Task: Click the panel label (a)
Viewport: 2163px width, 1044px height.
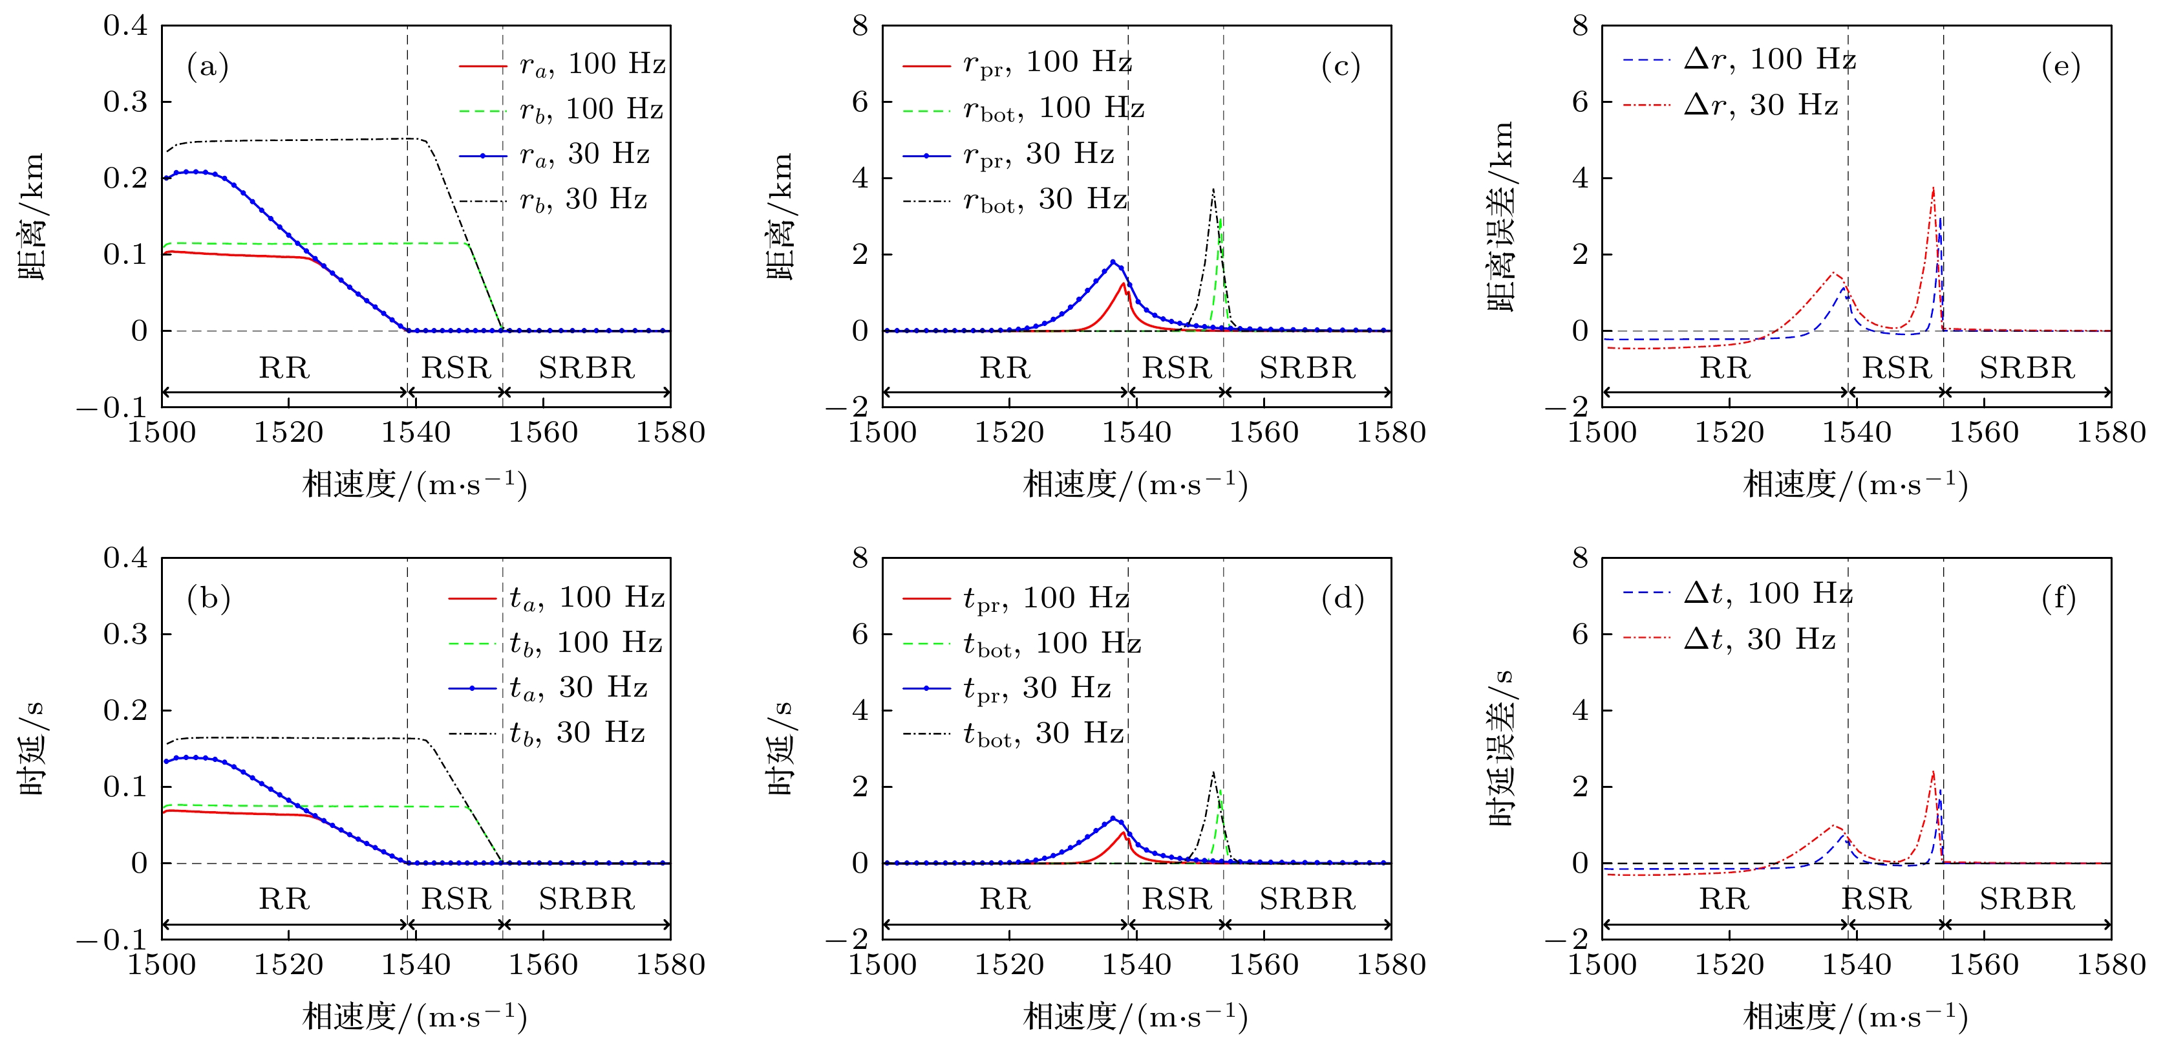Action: point(208,67)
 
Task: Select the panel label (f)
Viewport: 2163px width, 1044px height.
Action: point(2060,598)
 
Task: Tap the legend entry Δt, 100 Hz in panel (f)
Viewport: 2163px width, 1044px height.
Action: point(1767,594)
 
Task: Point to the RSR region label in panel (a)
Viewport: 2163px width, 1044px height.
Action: point(455,368)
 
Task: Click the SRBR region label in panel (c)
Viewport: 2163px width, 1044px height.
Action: point(1306,368)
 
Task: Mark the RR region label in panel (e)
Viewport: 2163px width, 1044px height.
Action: point(1725,368)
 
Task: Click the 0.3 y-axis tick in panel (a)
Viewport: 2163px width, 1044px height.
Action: point(125,102)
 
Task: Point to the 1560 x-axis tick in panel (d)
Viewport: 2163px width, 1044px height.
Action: point(1264,964)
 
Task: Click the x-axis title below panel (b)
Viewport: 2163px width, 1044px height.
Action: point(415,1016)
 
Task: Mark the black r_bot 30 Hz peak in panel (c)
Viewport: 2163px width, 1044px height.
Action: point(1213,190)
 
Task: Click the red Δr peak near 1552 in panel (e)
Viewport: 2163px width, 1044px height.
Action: point(1933,188)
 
